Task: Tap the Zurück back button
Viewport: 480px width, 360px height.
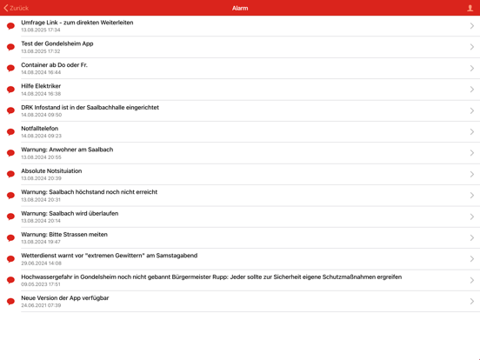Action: point(17,8)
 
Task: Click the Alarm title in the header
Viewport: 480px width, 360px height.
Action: point(240,8)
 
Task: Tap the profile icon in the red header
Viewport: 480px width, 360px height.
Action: point(470,8)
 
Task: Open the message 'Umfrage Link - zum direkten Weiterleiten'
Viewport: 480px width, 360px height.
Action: point(77,23)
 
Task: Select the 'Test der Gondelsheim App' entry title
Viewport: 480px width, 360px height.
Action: point(57,43)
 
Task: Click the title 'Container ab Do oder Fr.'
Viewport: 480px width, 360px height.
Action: point(54,65)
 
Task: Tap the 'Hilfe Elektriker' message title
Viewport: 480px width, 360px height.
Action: point(41,86)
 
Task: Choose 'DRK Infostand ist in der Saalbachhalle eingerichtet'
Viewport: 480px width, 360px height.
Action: point(90,108)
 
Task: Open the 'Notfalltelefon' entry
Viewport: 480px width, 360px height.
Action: point(40,129)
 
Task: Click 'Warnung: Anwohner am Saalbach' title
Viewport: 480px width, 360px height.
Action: point(67,150)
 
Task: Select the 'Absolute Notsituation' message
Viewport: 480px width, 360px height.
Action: point(51,171)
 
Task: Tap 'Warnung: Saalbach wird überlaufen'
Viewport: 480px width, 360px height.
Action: point(70,213)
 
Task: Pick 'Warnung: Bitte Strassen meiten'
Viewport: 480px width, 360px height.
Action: point(64,235)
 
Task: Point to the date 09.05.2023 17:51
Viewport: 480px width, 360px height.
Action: point(41,284)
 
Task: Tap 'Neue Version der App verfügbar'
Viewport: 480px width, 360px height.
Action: point(65,298)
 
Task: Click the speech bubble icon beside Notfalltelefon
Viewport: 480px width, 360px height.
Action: point(10,132)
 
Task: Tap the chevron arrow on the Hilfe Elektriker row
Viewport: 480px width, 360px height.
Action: point(472,90)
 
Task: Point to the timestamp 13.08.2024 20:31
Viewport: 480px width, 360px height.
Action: point(41,199)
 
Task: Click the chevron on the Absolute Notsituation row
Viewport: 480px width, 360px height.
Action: point(472,174)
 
